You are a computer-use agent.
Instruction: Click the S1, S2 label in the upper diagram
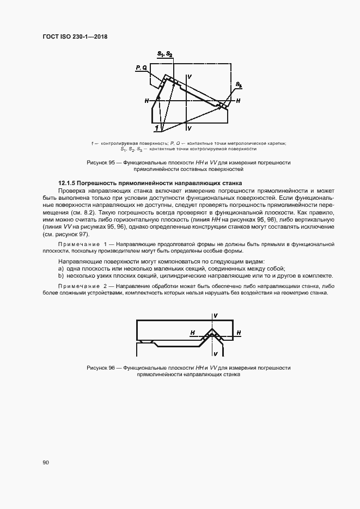click(165, 53)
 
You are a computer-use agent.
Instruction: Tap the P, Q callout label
click(141, 67)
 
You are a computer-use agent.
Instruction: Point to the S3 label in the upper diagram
click(239, 85)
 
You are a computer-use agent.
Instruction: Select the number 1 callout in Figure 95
click(157, 127)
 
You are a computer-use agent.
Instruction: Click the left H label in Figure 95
click(147, 101)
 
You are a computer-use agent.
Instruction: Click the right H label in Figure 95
click(238, 101)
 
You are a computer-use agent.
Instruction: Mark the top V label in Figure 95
click(189, 77)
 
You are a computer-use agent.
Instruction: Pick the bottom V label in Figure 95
click(189, 128)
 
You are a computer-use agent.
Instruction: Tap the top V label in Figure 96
click(216, 316)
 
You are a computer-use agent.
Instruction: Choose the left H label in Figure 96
click(192, 332)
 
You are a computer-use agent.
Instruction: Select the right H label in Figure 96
click(239, 332)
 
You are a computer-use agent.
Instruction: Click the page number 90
click(46, 462)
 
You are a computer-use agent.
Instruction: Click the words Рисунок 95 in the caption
click(101, 163)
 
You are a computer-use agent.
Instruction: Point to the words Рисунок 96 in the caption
click(101, 368)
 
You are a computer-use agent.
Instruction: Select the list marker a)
click(61, 269)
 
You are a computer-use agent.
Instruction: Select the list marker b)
click(61, 276)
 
